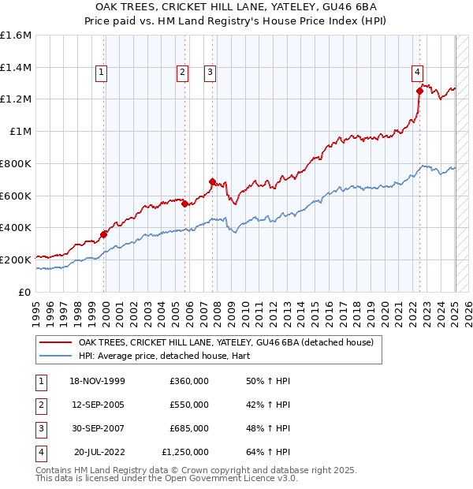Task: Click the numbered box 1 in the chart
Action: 102,73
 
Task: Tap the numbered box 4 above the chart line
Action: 416,73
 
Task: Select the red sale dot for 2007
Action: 212,181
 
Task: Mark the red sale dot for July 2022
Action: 419,91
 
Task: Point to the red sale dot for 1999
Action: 104,233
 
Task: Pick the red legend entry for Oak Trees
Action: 230,343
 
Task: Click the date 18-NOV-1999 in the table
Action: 98,381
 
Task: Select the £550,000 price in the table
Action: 189,405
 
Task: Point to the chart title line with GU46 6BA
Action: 236,8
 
